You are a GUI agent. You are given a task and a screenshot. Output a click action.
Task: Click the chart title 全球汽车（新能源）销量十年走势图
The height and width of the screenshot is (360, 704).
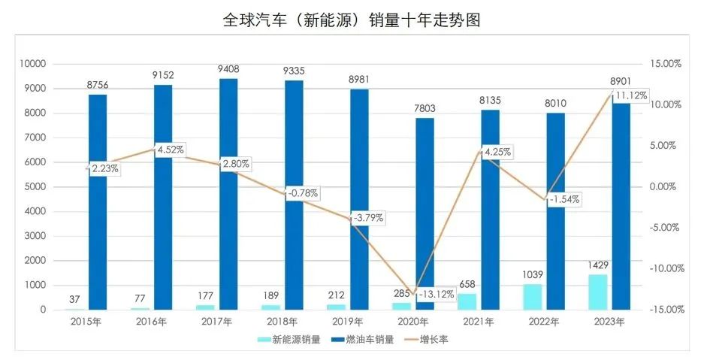coord(352,20)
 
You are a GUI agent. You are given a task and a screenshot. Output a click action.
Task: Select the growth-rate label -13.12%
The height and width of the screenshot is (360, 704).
coord(435,294)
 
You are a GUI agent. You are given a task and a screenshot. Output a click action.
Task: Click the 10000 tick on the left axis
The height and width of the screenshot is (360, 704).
coord(32,64)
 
